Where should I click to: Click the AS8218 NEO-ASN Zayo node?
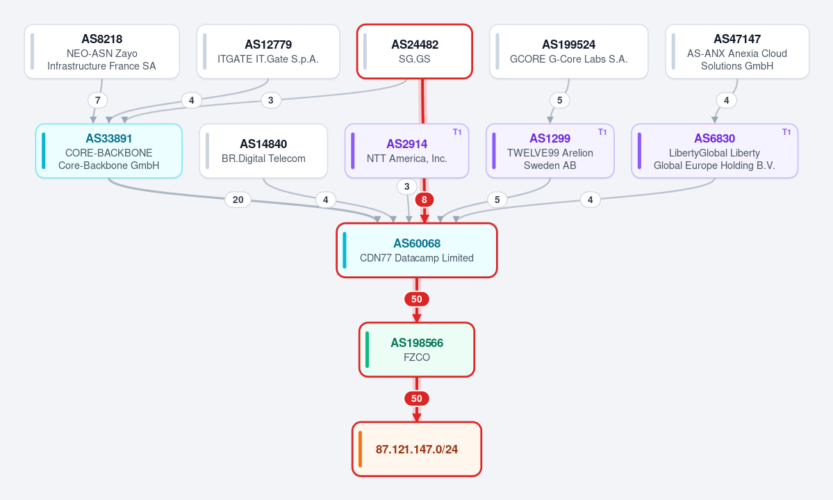[x=102, y=51]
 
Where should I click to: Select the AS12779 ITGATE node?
[x=268, y=51]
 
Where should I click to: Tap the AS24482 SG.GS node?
[x=414, y=51]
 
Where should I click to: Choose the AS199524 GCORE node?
[x=568, y=51]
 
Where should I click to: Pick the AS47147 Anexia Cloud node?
[x=737, y=51]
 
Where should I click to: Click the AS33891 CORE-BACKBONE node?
[x=109, y=151]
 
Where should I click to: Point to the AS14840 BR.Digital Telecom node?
[x=263, y=151]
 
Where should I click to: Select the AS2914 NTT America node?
[x=407, y=151]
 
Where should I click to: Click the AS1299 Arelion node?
[x=550, y=151]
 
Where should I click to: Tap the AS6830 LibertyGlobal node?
[x=714, y=151]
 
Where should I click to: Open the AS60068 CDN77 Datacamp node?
[x=417, y=250]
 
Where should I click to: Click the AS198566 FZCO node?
[x=417, y=350]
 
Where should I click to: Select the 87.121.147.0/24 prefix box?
[x=417, y=449]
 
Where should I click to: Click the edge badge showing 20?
[x=238, y=200]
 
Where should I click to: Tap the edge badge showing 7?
[x=98, y=100]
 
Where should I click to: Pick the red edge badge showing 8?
[x=424, y=200]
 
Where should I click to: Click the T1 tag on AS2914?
[x=457, y=132]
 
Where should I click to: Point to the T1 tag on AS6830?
[x=786, y=132]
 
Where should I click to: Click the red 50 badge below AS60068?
[x=417, y=299]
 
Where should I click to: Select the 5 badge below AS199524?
[x=559, y=100]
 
